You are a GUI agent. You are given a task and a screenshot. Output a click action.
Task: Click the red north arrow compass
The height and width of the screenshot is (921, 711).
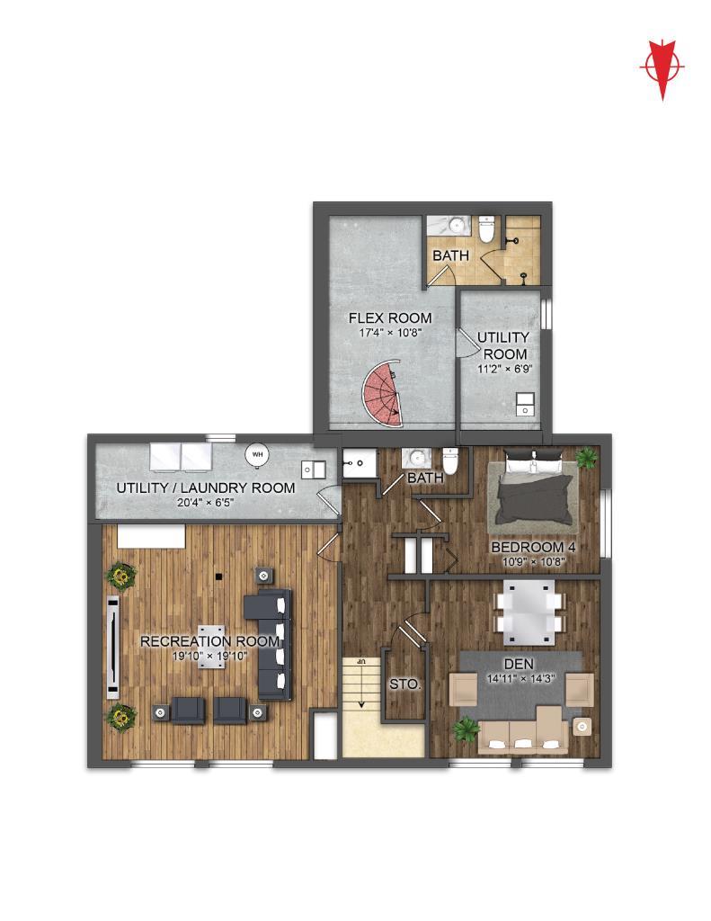click(662, 68)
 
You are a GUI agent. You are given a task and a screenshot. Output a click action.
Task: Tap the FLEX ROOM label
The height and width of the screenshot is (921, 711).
click(390, 317)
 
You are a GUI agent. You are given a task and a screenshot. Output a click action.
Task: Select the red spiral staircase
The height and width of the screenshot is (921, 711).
click(382, 393)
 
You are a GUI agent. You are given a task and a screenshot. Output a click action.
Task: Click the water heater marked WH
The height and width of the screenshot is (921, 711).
click(256, 454)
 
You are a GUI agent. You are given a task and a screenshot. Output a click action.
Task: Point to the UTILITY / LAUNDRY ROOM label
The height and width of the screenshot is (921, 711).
click(206, 487)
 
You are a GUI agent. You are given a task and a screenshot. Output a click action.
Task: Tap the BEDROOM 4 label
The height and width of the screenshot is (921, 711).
click(533, 547)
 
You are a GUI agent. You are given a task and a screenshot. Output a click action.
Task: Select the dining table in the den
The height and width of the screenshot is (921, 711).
click(530, 612)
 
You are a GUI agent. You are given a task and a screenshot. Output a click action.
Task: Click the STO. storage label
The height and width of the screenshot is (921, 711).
click(405, 684)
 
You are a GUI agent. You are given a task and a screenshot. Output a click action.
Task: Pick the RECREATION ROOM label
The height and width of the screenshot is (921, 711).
click(209, 640)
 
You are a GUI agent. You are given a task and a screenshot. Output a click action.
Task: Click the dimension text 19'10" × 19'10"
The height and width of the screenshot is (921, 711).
click(209, 656)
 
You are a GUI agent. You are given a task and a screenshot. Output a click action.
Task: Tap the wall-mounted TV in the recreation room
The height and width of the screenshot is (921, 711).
click(112, 647)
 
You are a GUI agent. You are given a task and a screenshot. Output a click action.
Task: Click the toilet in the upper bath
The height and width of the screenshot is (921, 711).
click(486, 229)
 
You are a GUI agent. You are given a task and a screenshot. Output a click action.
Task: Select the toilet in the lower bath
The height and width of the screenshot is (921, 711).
click(450, 461)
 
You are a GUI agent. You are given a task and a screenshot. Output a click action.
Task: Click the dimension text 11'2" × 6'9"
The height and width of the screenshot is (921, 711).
click(504, 369)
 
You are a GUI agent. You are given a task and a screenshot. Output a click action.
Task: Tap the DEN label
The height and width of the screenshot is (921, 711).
click(519, 665)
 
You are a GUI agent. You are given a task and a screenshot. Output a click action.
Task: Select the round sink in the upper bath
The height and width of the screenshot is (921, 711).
click(458, 224)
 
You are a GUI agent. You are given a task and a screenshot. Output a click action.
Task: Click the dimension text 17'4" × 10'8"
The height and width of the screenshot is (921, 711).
click(390, 333)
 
